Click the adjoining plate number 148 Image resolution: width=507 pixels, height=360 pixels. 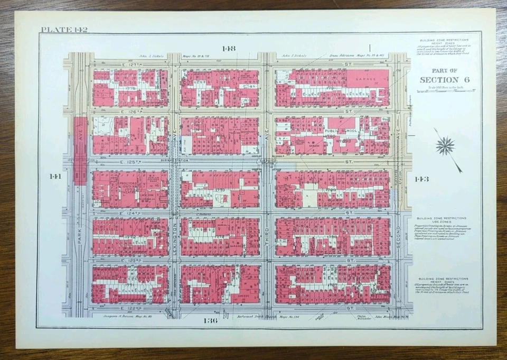coord(228,49)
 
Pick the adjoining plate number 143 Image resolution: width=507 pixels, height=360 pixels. coord(422,179)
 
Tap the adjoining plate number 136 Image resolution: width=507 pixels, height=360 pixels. coord(210,320)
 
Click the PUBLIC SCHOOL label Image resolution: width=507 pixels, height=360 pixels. coord(341,131)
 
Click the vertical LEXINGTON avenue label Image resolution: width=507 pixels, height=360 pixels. coord(174,241)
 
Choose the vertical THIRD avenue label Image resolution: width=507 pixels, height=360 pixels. coord(267,241)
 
